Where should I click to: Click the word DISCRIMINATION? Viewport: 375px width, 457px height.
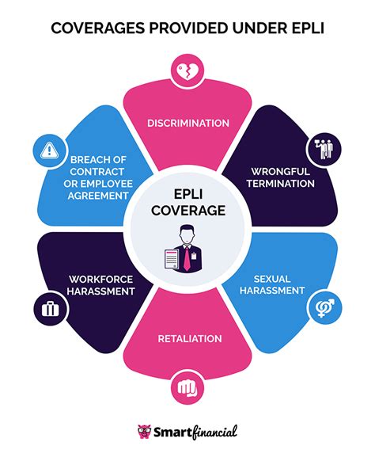coord(187,123)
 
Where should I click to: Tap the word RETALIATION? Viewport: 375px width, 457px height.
coord(187,338)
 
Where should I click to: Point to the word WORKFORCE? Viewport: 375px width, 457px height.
coord(100,278)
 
